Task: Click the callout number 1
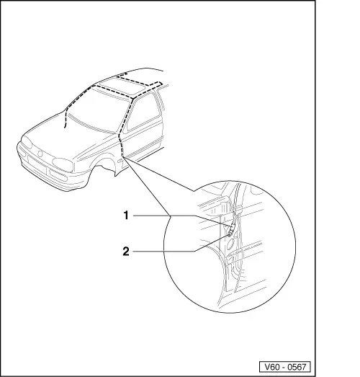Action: pos(125,214)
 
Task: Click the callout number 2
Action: pos(125,252)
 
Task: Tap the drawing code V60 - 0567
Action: pos(286,365)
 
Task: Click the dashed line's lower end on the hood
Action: pos(65,128)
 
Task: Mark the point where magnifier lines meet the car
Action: pos(123,156)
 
